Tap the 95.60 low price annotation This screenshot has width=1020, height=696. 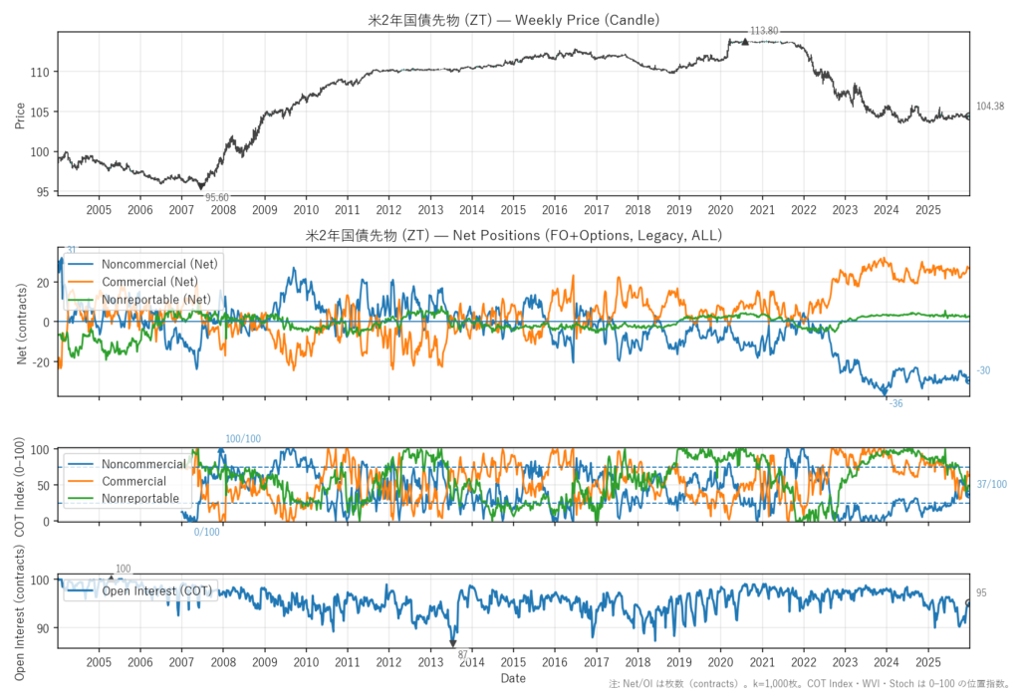(x=217, y=197)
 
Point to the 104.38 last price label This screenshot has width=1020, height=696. (x=990, y=107)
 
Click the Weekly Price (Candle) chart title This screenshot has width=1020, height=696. (x=513, y=20)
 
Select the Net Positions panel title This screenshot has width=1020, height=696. (x=513, y=236)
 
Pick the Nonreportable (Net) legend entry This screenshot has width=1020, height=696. (x=162, y=299)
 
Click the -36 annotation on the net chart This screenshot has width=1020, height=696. (x=895, y=403)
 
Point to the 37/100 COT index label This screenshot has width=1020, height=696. (x=991, y=485)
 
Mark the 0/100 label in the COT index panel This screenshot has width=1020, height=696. (x=206, y=532)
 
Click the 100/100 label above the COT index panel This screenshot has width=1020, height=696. (x=243, y=439)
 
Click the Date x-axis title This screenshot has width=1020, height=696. (x=513, y=678)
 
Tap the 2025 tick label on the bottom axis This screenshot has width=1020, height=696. (x=927, y=661)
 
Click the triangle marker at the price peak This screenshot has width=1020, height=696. (x=744, y=41)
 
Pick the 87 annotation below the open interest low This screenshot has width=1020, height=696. (x=462, y=654)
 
